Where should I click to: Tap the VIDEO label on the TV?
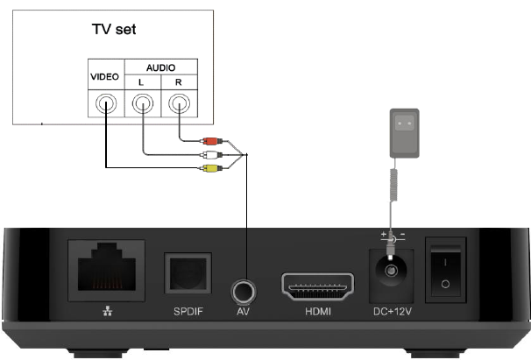point(105,78)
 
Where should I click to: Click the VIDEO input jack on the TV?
point(105,106)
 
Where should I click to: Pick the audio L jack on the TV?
point(141,106)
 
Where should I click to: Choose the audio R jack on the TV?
point(178,106)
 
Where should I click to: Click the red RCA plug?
point(211,140)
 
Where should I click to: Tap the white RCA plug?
point(211,154)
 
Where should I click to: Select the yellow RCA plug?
point(211,167)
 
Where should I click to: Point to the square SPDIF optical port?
point(188,273)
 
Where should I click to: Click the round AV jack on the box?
point(246,290)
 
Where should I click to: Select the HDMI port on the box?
point(316,286)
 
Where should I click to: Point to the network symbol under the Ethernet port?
point(96,312)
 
